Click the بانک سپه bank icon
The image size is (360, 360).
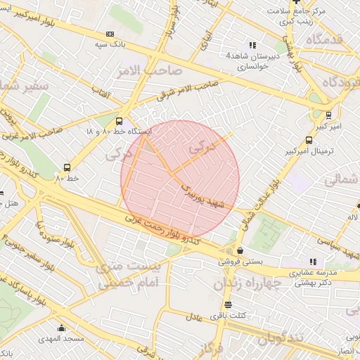click(110, 34)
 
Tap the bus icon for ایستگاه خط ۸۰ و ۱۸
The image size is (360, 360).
click(118, 121)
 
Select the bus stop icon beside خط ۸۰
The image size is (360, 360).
click(67, 167)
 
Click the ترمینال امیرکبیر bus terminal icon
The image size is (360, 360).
click(309, 140)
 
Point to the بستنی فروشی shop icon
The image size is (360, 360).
click(240, 250)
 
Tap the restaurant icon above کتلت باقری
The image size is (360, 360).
click(227, 304)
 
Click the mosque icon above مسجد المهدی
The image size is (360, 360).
click(62, 328)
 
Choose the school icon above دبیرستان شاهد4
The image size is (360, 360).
click(252, 45)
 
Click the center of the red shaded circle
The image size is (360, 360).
click(180, 180)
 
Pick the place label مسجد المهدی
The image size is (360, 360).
click(62, 339)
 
